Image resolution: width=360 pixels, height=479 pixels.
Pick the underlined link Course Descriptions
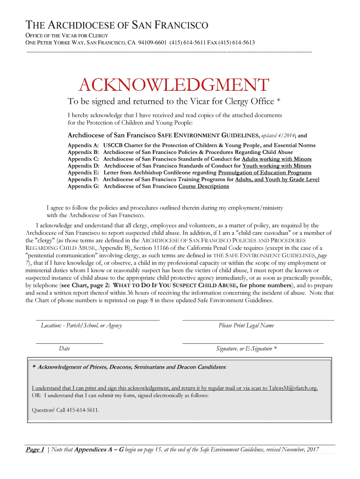(x=203, y=186)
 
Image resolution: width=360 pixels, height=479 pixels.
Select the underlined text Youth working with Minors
(x=277, y=166)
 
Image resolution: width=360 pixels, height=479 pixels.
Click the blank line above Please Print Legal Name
(x=258, y=319)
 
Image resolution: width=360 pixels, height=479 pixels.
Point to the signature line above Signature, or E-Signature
(x=252, y=343)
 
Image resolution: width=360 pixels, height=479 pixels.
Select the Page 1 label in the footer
(x=35, y=450)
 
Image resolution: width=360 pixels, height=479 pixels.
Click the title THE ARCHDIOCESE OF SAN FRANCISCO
(x=116, y=25)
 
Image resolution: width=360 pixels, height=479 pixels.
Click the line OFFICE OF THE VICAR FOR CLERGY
(x=66, y=36)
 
